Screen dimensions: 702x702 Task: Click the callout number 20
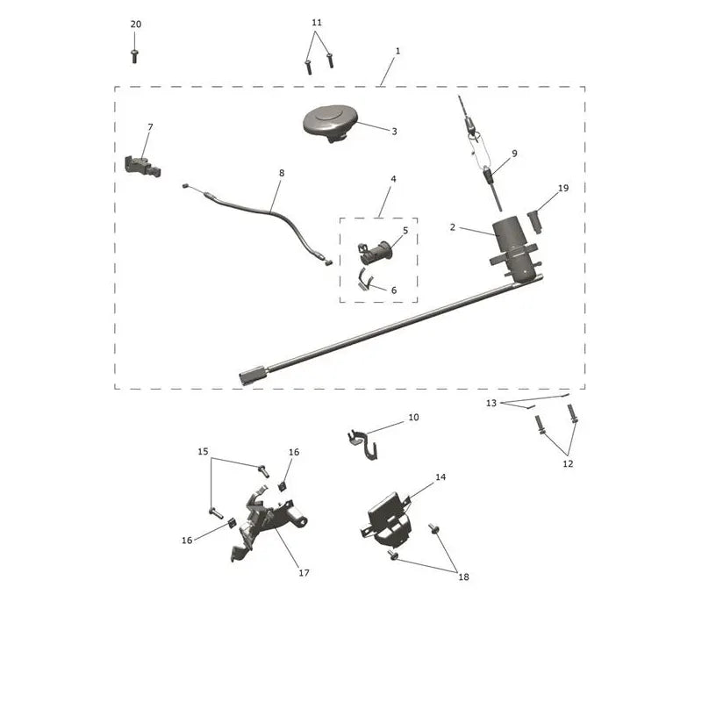click(x=136, y=25)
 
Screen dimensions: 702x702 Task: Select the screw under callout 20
click(x=134, y=56)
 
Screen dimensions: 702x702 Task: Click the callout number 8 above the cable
click(x=281, y=173)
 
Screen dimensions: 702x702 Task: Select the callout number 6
click(x=394, y=290)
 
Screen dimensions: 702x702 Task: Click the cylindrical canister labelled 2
click(x=515, y=251)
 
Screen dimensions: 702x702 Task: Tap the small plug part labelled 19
click(x=535, y=222)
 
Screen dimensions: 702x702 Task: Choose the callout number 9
click(x=514, y=154)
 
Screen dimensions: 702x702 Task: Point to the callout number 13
click(x=491, y=403)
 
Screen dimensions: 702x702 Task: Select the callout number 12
click(x=568, y=464)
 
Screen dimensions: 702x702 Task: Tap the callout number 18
click(x=463, y=577)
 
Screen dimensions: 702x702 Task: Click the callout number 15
click(x=203, y=451)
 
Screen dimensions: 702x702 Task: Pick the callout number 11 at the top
click(x=317, y=23)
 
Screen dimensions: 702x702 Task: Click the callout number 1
click(x=398, y=51)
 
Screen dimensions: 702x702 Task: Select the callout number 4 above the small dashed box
click(x=393, y=179)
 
